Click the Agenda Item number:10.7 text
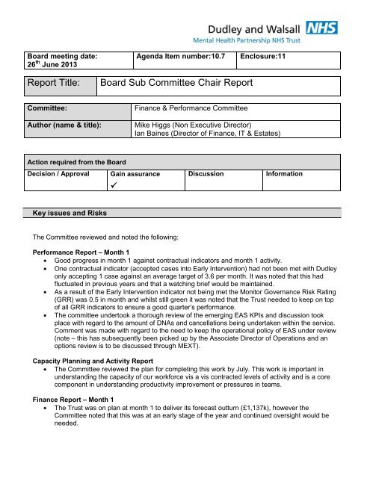point(179,55)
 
